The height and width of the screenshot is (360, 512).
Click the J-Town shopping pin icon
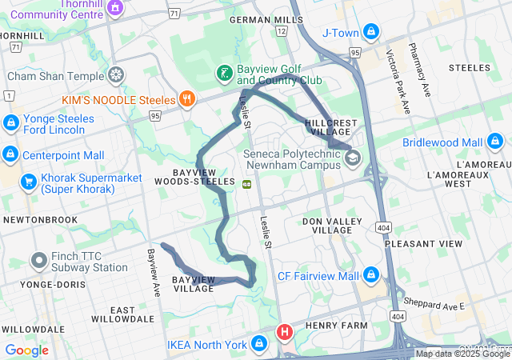[370, 32]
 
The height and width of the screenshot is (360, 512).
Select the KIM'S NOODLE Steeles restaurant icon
[187, 98]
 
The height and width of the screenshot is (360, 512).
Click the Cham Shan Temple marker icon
[117, 76]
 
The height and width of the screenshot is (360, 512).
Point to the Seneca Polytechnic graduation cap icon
[352, 158]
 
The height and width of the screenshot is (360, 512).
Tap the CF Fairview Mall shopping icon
[370, 276]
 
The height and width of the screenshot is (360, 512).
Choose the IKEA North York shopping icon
[259, 345]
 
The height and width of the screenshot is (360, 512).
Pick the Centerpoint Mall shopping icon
[10, 154]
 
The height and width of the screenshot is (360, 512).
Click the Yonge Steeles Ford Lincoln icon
[10, 124]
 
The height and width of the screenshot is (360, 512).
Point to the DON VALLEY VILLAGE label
[326, 225]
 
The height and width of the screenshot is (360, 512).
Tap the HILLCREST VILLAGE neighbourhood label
[332, 127]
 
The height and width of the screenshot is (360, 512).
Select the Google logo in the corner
[26, 350]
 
